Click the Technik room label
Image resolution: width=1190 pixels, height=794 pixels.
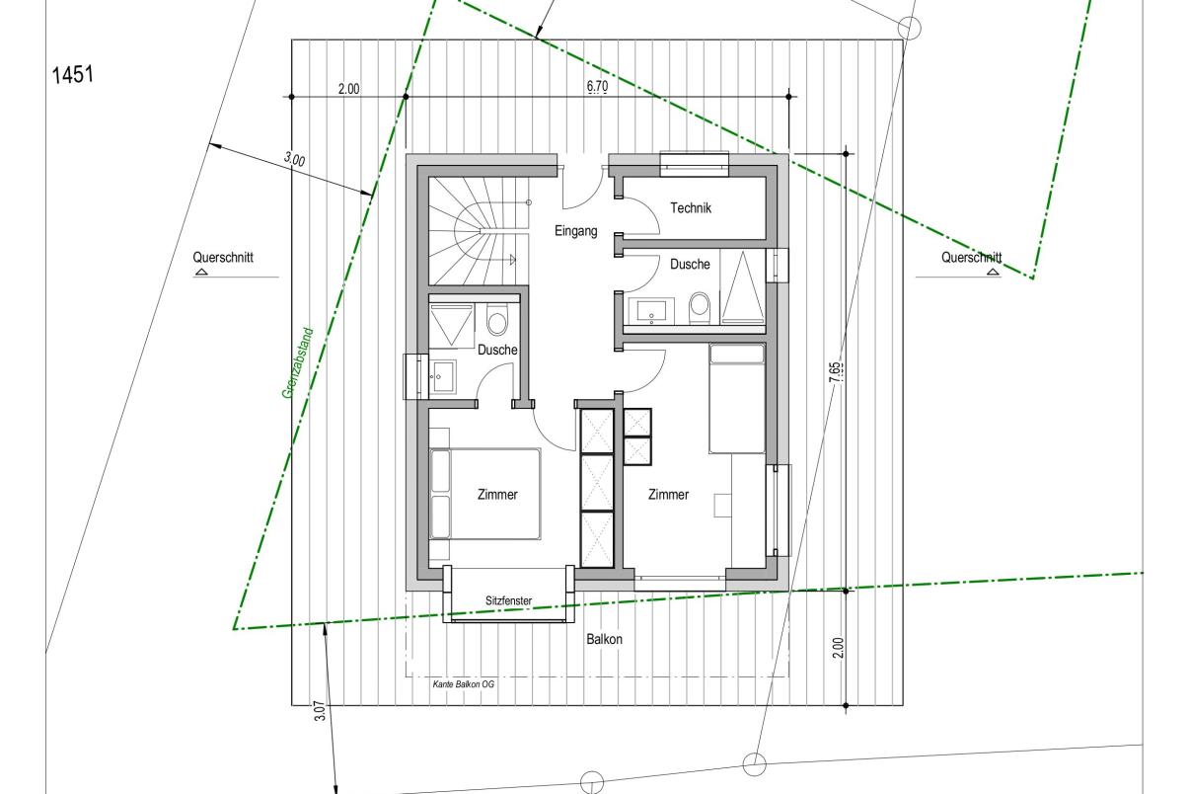click(x=691, y=208)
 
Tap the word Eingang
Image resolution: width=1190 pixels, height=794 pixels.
click(x=576, y=231)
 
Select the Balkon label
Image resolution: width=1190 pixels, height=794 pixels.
click(x=604, y=639)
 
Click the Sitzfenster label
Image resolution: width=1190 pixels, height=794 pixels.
click(x=508, y=600)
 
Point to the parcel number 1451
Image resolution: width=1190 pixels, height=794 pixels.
click(x=73, y=74)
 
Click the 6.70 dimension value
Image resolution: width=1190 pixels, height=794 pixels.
click(x=598, y=86)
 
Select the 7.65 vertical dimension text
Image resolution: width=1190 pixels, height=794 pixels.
click(x=835, y=372)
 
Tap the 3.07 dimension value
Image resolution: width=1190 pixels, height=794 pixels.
click(x=320, y=710)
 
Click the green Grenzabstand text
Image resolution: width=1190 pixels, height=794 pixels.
click(x=298, y=362)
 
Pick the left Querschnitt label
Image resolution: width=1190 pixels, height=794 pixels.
click(x=223, y=258)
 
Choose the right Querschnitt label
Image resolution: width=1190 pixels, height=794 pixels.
click(x=971, y=258)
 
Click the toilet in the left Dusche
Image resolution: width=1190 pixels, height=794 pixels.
click(x=497, y=320)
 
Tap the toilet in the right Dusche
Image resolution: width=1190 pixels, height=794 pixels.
click(x=700, y=307)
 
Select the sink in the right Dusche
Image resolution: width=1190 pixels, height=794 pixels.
click(x=651, y=310)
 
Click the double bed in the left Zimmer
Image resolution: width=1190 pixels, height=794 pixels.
click(x=485, y=494)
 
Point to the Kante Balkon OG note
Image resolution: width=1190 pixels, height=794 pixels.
click(x=463, y=684)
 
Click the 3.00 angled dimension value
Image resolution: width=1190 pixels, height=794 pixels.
click(x=294, y=159)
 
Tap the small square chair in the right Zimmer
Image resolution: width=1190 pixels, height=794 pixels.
click(x=722, y=505)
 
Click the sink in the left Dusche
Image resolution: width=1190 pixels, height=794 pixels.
click(x=442, y=376)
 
